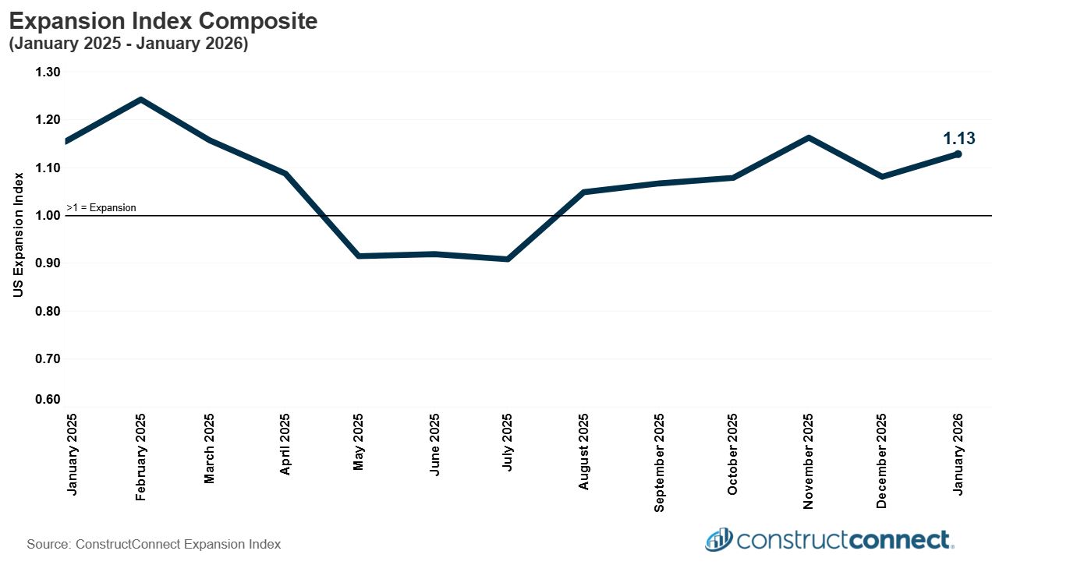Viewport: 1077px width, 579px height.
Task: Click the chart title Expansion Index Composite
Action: click(163, 21)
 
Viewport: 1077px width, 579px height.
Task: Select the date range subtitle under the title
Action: click(128, 44)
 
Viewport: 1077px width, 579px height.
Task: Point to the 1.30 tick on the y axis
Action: click(48, 72)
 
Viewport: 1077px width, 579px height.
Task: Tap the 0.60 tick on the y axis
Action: click(48, 400)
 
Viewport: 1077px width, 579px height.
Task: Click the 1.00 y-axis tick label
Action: click(48, 216)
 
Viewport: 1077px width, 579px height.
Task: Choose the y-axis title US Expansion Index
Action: click(19, 235)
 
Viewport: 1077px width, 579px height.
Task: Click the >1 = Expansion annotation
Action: click(101, 208)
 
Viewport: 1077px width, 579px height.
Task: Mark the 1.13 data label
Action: click(958, 139)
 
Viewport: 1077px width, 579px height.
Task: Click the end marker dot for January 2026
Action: click(958, 154)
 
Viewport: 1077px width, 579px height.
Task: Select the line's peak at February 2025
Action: click(140, 100)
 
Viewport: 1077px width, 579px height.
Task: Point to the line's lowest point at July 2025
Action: click(508, 259)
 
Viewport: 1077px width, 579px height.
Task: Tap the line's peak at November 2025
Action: click(809, 138)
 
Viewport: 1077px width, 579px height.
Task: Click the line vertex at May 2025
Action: click(358, 256)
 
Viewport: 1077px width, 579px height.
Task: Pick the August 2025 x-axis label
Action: click(583, 452)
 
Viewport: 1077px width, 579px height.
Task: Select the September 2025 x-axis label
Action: click(659, 462)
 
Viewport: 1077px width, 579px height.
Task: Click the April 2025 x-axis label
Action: click(285, 444)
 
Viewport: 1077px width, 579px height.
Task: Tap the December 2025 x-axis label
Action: click(882, 461)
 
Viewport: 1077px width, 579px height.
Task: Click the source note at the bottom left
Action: click(154, 544)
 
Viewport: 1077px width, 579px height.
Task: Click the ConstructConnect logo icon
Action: click(718, 539)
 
